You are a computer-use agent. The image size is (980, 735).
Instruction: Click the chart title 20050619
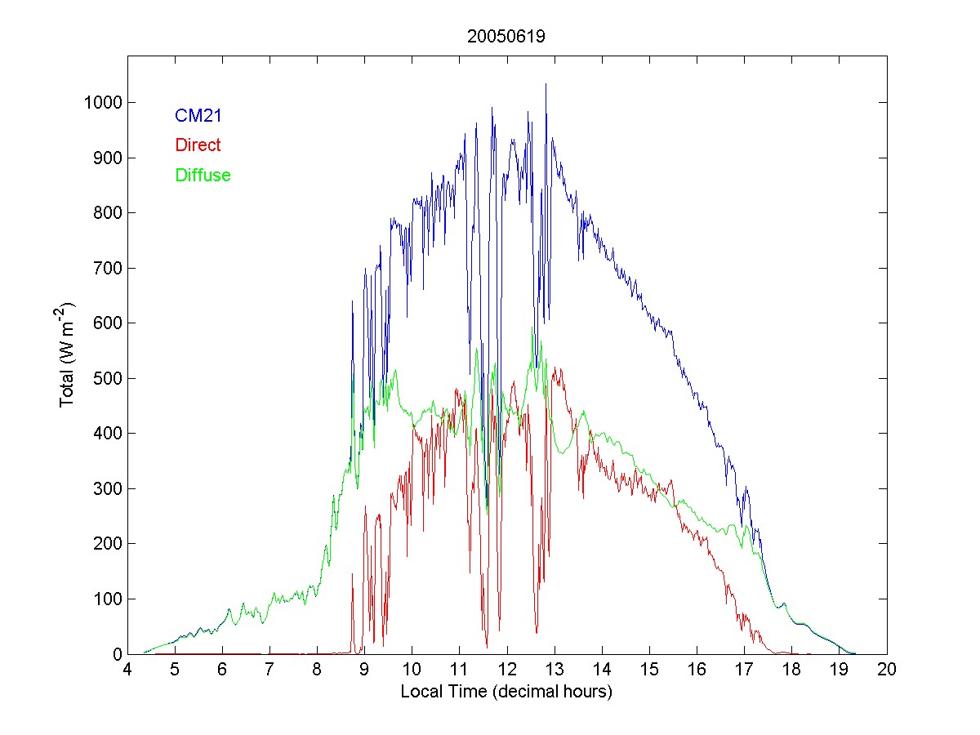point(506,37)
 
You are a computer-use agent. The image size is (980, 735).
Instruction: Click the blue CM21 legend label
point(198,116)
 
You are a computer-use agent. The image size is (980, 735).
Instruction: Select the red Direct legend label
point(198,145)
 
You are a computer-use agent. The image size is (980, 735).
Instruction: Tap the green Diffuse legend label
point(203,175)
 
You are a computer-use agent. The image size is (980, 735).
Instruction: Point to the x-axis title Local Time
point(506,692)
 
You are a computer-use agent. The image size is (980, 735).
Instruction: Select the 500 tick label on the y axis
point(107,378)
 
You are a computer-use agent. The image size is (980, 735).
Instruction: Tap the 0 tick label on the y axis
point(116,654)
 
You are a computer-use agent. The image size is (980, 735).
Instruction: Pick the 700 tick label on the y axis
point(107,268)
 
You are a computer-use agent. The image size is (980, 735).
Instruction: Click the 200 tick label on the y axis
point(107,544)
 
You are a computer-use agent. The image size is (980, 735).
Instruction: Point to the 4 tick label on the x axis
point(127,670)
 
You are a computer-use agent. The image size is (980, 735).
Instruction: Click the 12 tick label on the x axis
point(507,670)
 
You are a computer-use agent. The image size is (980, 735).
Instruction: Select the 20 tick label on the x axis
point(887,670)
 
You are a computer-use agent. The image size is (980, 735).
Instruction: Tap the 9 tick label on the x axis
point(365,670)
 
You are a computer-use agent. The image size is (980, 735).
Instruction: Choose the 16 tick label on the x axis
point(697,670)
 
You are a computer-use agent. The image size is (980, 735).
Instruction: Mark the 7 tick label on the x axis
point(269,670)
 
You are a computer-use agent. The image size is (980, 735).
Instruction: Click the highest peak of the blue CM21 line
point(546,84)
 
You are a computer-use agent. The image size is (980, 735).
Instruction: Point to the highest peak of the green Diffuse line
point(532,328)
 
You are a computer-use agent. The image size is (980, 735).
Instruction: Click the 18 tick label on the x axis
point(792,670)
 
